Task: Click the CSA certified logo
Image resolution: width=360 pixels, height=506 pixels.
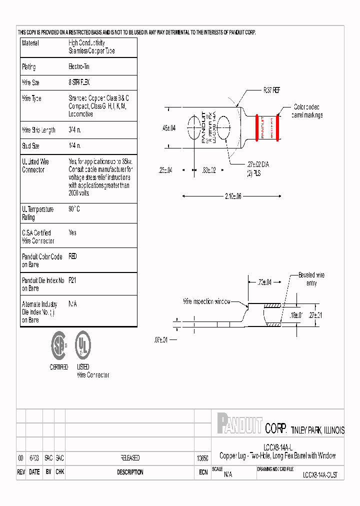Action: (58, 345)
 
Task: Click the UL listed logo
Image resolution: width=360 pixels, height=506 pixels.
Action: (82, 345)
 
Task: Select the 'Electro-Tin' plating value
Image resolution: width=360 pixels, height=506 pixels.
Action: (79, 66)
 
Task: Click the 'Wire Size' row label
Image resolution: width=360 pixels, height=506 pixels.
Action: (30, 82)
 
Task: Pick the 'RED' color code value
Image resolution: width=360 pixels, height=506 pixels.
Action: (73, 256)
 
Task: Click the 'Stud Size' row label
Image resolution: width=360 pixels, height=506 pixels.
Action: (30, 146)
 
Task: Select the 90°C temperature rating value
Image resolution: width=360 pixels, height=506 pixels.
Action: (74, 209)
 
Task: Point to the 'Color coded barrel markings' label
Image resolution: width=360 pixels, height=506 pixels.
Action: (307, 111)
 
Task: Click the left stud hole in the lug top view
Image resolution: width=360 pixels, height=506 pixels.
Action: (194, 127)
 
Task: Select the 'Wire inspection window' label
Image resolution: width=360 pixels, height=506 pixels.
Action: (206, 301)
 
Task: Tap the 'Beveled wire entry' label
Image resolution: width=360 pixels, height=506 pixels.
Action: (311, 279)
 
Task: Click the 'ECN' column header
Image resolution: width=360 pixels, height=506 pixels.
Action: (202, 472)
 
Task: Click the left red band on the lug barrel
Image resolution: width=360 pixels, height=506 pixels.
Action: (257, 127)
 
